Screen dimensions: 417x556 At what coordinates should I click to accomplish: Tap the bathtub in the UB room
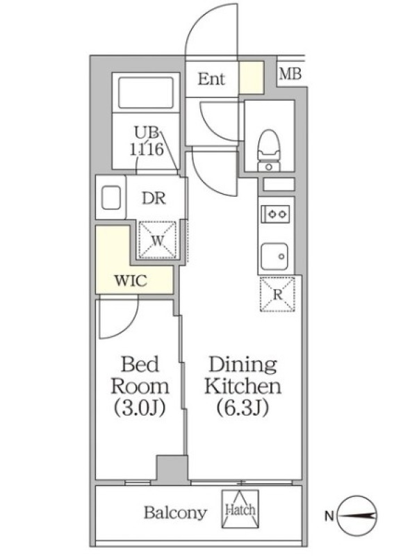click(146, 93)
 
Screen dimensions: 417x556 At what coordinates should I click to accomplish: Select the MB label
click(290, 74)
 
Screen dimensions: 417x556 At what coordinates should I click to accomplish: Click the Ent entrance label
click(211, 79)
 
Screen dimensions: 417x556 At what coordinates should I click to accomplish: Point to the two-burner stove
click(275, 214)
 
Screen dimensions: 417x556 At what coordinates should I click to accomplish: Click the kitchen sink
click(275, 256)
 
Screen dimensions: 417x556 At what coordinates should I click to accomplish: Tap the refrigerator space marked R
click(277, 294)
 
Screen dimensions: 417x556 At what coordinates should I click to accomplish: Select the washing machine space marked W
click(158, 239)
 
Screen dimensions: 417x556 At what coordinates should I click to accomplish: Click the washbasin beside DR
click(111, 197)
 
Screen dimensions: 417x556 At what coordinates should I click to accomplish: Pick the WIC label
click(131, 281)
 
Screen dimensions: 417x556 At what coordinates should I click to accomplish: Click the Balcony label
click(175, 513)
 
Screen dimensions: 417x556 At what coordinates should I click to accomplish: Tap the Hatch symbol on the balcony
click(240, 509)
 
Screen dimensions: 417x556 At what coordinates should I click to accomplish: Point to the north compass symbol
click(357, 516)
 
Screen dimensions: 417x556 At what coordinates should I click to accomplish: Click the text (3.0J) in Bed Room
click(140, 409)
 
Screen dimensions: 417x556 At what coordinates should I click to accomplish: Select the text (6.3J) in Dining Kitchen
click(243, 408)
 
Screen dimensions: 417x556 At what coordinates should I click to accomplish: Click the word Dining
click(243, 364)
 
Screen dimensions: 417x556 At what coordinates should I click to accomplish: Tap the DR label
click(154, 199)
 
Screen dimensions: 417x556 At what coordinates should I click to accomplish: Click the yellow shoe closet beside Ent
click(252, 78)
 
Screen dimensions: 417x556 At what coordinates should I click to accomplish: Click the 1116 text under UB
click(147, 149)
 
